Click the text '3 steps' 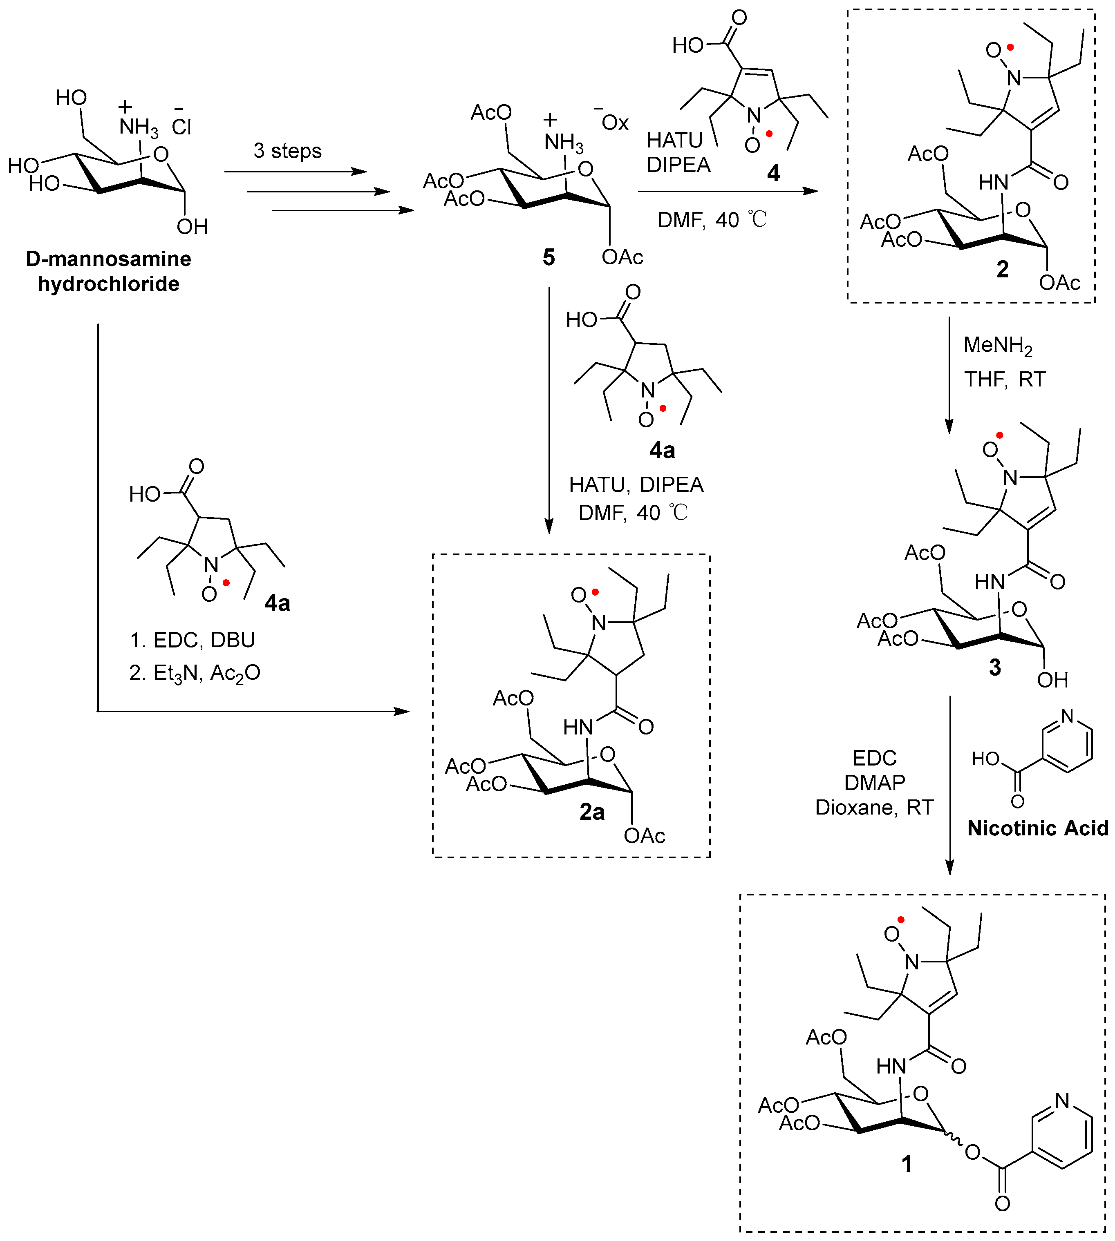[x=287, y=151]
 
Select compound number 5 [x=549, y=258]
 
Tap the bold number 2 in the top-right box [x=1002, y=269]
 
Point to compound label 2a [x=592, y=812]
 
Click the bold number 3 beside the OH [x=995, y=667]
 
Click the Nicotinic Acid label [x=1038, y=828]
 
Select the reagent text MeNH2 [x=997, y=346]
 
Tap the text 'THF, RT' [x=1005, y=379]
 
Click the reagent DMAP [x=874, y=782]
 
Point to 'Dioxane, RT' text [x=874, y=808]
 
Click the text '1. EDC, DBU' [x=193, y=640]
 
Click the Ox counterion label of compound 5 [x=614, y=123]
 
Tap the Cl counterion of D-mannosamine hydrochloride [x=181, y=127]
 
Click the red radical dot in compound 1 [x=900, y=920]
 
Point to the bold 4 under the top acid [x=773, y=173]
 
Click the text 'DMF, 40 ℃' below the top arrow [x=712, y=220]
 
